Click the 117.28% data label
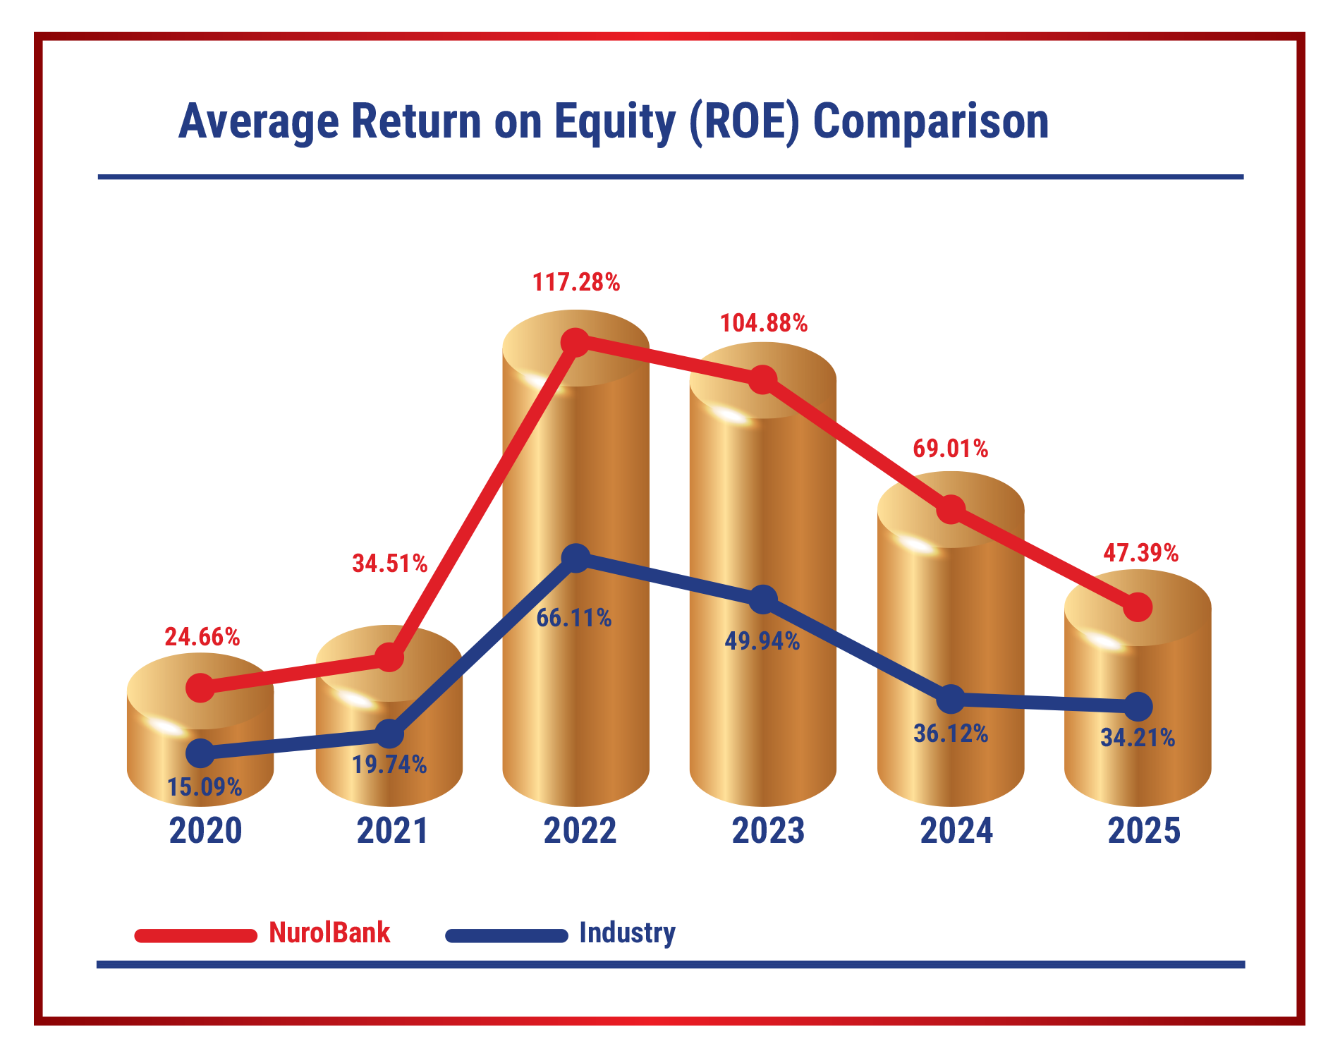[x=576, y=283]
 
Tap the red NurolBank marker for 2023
[x=762, y=379]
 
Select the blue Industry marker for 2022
[x=576, y=558]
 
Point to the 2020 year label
[x=205, y=831]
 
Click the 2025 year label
[x=1144, y=831]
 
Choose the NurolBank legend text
[x=329, y=933]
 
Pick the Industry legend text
[x=627, y=933]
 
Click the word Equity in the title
[x=614, y=122]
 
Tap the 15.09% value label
[x=205, y=787]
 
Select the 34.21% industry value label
[x=1138, y=738]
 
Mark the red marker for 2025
[x=1138, y=607]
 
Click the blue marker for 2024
[x=951, y=699]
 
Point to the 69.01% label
[x=950, y=449]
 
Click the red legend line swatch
[x=196, y=936]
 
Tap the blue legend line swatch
[x=506, y=936]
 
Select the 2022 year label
[x=580, y=831]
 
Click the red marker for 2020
[x=201, y=687]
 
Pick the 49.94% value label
[x=762, y=642]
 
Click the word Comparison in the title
[x=930, y=122]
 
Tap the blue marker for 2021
[x=389, y=734]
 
